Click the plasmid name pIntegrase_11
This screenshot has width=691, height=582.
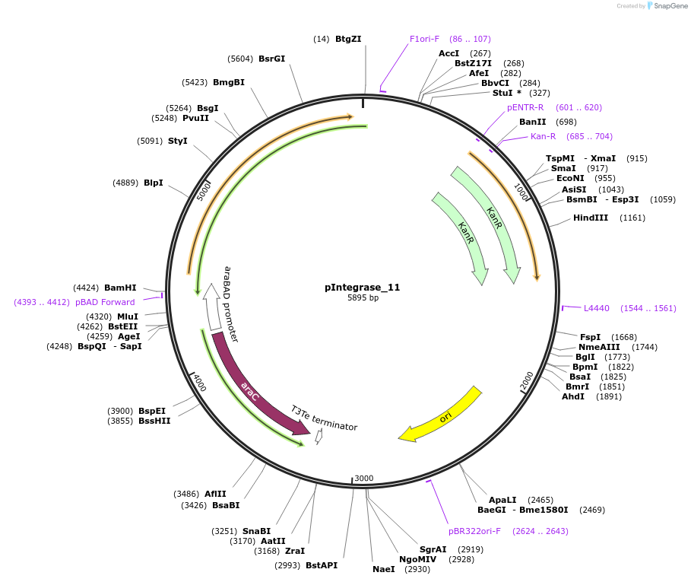click(362, 288)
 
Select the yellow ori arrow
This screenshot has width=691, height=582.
click(441, 415)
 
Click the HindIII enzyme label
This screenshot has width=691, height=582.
click(591, 218)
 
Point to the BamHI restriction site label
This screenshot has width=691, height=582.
click(120, 288)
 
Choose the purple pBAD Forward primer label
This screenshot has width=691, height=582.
click(105, 302)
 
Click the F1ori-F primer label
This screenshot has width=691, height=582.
click(424, 39)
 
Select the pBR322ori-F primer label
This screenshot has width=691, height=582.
click(474, 531)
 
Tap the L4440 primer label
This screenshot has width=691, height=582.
click(597, 308)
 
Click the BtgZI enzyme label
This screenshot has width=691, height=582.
click(348, 39)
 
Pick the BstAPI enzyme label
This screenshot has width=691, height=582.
click(322, 565)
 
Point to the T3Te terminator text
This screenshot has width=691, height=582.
click(324, 418)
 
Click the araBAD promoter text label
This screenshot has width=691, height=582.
click(231, 303)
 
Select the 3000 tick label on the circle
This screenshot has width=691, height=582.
click(364, 478)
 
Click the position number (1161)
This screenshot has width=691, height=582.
click(632, 218)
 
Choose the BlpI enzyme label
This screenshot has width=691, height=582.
click(154, 183)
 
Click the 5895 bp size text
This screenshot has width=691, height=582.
click(363, 298)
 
